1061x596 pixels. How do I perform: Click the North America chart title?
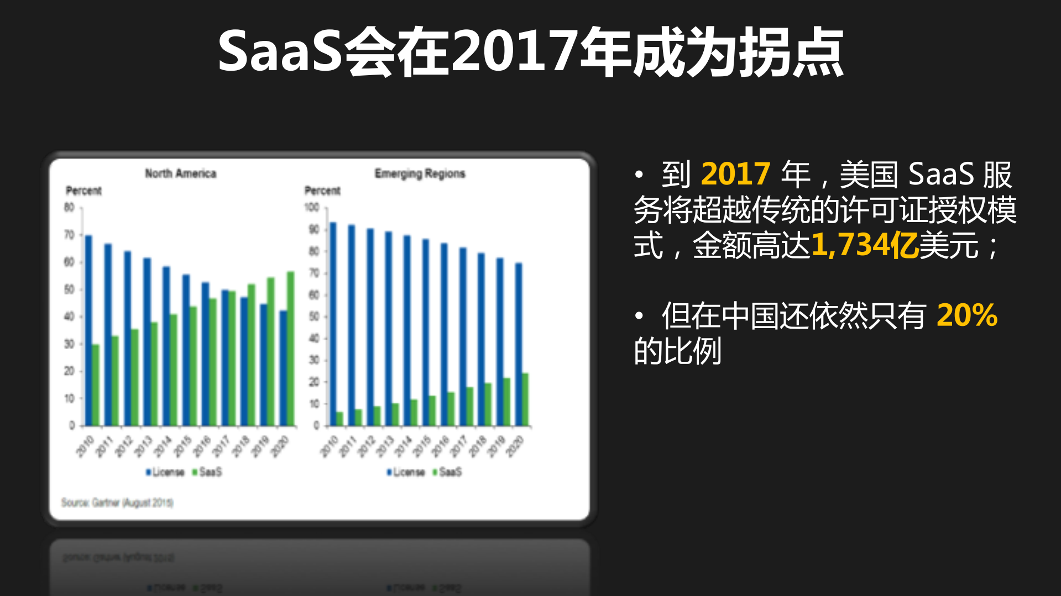tap(180, 173)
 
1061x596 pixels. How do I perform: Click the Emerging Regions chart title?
tap(420, 173)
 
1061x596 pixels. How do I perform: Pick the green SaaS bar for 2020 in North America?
tap(290, 348)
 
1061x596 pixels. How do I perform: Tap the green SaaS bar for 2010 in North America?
tap(96, 385)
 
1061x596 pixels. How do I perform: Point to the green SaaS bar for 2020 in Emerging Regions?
tap(525, 399)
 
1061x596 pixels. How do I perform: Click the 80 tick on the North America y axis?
tap(69, 208)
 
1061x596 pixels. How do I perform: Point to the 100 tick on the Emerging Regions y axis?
tap(312, 208)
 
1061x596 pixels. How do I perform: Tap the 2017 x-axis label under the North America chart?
tap(221, 446)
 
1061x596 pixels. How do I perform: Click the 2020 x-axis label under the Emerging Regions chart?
tap(514, 446)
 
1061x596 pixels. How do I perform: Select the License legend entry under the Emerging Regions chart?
tap(406, 472)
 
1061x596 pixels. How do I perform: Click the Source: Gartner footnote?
tap(117, 503)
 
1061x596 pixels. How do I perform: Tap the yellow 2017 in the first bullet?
tap(735, 174)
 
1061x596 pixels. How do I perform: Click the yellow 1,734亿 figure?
tap(864, 245)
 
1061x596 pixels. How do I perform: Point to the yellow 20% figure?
tap(967, 315)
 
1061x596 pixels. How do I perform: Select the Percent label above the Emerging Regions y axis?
tap(322, 191)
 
